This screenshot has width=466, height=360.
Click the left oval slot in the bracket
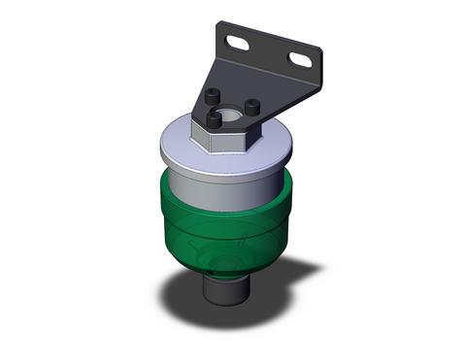point(237,42)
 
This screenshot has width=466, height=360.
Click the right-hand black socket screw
point(250,106)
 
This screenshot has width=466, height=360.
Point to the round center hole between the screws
point(231,113)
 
